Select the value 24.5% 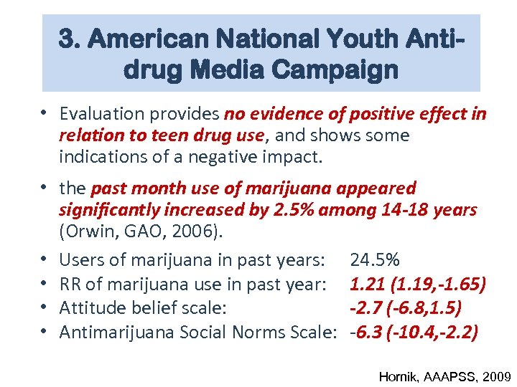coord(375,259)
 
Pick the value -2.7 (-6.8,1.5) coord(405,307)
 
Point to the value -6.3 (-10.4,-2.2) coord(413,332)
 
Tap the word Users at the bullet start coord(80,259)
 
